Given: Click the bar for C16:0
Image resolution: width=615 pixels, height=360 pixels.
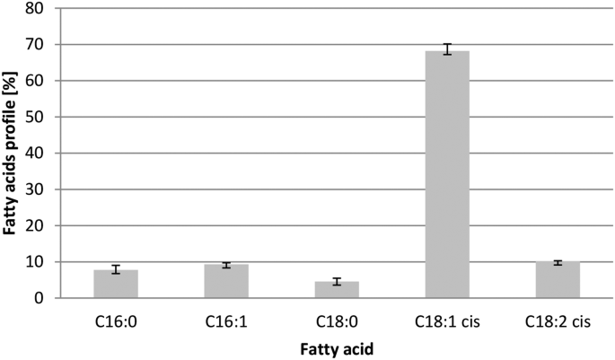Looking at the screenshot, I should pyautogui.click(x=116, y=285).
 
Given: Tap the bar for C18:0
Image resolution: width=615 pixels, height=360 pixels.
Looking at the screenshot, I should pyautogui.click(x=337, y=290).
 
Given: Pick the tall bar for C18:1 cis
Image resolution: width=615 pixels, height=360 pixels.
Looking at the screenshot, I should pyautogui.click(x=447, y=175).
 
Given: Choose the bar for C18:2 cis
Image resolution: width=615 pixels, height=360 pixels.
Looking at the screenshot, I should pyautogui.click(x=558, y=280).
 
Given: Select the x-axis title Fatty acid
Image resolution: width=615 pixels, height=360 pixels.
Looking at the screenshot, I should pyautogui.click(x=337, y=346).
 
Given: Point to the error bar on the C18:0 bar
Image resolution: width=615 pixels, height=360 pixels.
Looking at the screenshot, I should pyautogui.click(x=337, y=282).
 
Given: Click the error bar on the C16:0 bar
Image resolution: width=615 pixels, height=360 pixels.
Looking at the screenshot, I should pyautogui.click(x=116, y=269).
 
